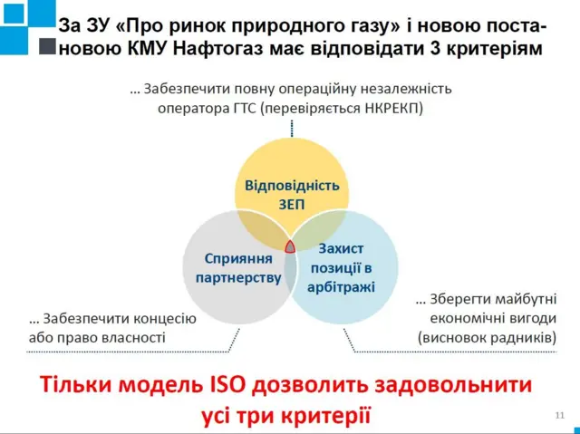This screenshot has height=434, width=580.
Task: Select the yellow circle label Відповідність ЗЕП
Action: (x=291, y=194)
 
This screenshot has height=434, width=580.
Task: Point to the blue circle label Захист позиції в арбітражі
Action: (x=341, y=266)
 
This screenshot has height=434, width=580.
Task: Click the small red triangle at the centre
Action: (x=291, y=246)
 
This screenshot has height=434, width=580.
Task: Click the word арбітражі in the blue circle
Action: (x=341, y=286)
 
